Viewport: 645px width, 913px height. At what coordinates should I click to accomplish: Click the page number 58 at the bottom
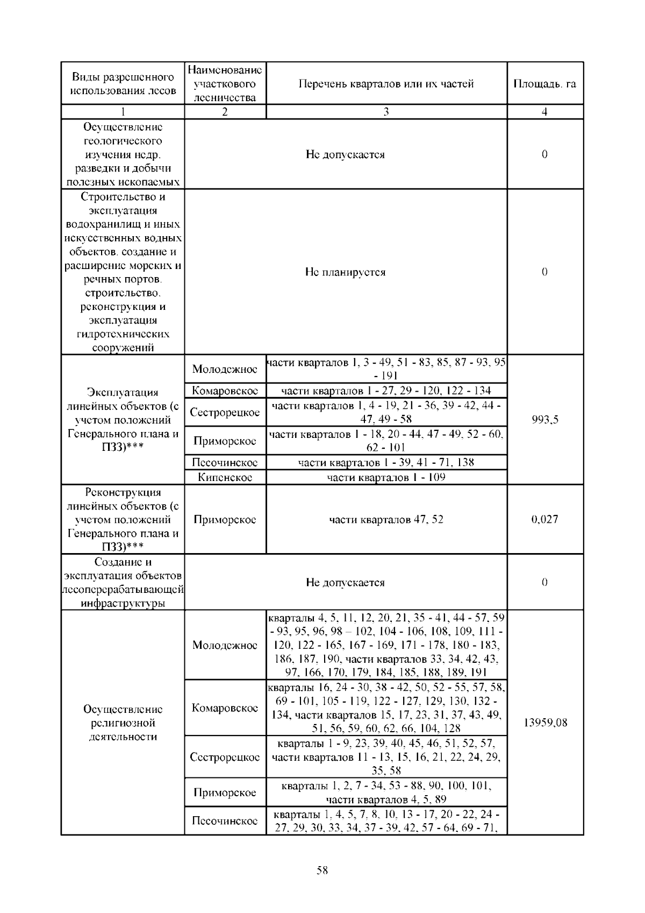[x=322, y=870]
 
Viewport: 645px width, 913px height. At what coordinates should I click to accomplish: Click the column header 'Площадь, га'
[x=544, y=84]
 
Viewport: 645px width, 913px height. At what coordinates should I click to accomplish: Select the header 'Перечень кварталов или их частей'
[x=386, y=84]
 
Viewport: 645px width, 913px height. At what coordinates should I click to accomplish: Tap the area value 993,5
[x=544, y=420]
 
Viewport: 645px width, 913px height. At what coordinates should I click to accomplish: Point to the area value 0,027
[x=544, y=519]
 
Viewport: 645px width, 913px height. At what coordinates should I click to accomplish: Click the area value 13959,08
[x=544, y=723]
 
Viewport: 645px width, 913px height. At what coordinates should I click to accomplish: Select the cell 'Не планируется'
[x=345, y=272]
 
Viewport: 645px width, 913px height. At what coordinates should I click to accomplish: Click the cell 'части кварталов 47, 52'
[x=386, y=519]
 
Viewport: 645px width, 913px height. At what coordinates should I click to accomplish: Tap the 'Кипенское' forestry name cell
[x=225, y=477]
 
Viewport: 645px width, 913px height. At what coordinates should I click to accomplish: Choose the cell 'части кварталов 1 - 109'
[x=386, y=477]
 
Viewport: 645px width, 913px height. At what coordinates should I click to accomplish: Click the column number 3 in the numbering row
[x=386, y=112]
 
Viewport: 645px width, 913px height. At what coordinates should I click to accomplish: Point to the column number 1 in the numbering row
[x=123, y=112]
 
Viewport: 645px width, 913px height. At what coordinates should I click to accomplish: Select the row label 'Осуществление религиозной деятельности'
[x=123, y=723]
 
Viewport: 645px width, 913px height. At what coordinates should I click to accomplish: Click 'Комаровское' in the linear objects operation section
[x=225, y=391]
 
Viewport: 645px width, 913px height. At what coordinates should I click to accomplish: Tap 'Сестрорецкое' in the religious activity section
[x=225, y=757]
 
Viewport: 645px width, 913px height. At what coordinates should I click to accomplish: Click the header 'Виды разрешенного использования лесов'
[x=123, y=84]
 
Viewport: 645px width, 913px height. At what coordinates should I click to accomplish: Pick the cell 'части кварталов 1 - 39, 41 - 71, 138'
[x=386, y=462]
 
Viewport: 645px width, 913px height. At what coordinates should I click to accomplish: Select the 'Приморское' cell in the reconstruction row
[x=225, y=519]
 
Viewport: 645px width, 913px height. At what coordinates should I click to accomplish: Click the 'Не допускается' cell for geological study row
[x=345, y=154]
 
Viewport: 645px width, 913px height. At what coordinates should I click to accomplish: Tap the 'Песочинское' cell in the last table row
[x=225, y=821]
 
